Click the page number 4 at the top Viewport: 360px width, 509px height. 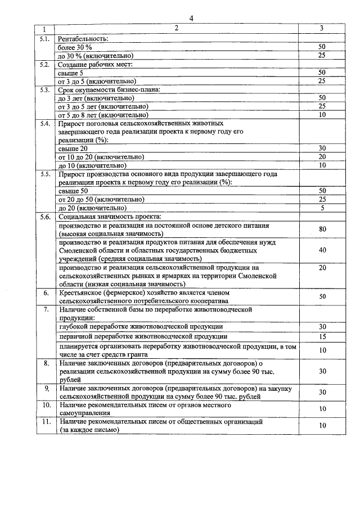tap(191, 18)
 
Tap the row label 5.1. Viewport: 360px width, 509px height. tap(46, 38)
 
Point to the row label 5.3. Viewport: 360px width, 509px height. tap(46, 89)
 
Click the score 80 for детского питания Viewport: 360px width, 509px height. tap(322, 229)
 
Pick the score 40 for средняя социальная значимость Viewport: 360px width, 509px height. tap(322, 250)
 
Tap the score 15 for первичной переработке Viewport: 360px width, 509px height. tap(322, 336)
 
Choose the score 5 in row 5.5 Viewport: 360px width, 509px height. tap(322, 208)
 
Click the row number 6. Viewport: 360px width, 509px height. tap(46, 292)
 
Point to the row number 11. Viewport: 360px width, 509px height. tap(46, 421)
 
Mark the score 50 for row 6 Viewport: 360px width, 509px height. tap(322, 296)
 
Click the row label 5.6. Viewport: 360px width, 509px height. tap(46, 217)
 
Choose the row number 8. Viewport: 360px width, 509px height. tap(46, 363)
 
